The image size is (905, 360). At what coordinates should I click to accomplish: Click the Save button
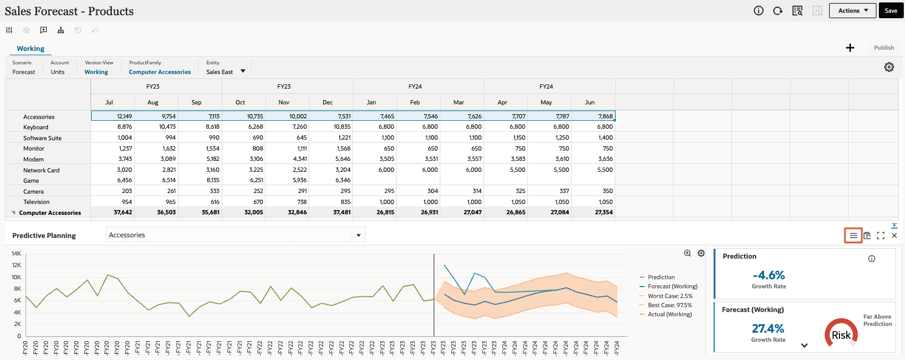(890, 10)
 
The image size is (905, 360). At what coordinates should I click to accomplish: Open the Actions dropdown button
(852, 10)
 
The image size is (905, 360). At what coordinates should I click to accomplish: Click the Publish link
(884, 48)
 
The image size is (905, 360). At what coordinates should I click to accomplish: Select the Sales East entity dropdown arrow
(243, 71)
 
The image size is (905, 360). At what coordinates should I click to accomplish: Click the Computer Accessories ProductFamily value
(160, 72)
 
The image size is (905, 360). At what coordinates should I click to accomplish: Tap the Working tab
(30, 49)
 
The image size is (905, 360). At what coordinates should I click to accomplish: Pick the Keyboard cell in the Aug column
(156, 127)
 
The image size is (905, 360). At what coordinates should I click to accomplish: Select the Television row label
(36, 202)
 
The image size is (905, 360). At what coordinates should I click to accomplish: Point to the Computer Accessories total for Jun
(593, 212)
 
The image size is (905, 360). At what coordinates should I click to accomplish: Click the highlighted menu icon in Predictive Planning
(853, 236)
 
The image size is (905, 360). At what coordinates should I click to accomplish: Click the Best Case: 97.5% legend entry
(669, 305)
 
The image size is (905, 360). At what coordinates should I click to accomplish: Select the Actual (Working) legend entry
(669, 314)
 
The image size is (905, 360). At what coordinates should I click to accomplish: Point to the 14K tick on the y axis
(16, 254)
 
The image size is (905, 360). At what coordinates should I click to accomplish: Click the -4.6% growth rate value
(768, 275)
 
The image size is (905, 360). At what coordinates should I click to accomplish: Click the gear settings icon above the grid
(889, 67)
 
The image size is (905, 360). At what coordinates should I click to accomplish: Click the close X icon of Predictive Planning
(894, 236)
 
